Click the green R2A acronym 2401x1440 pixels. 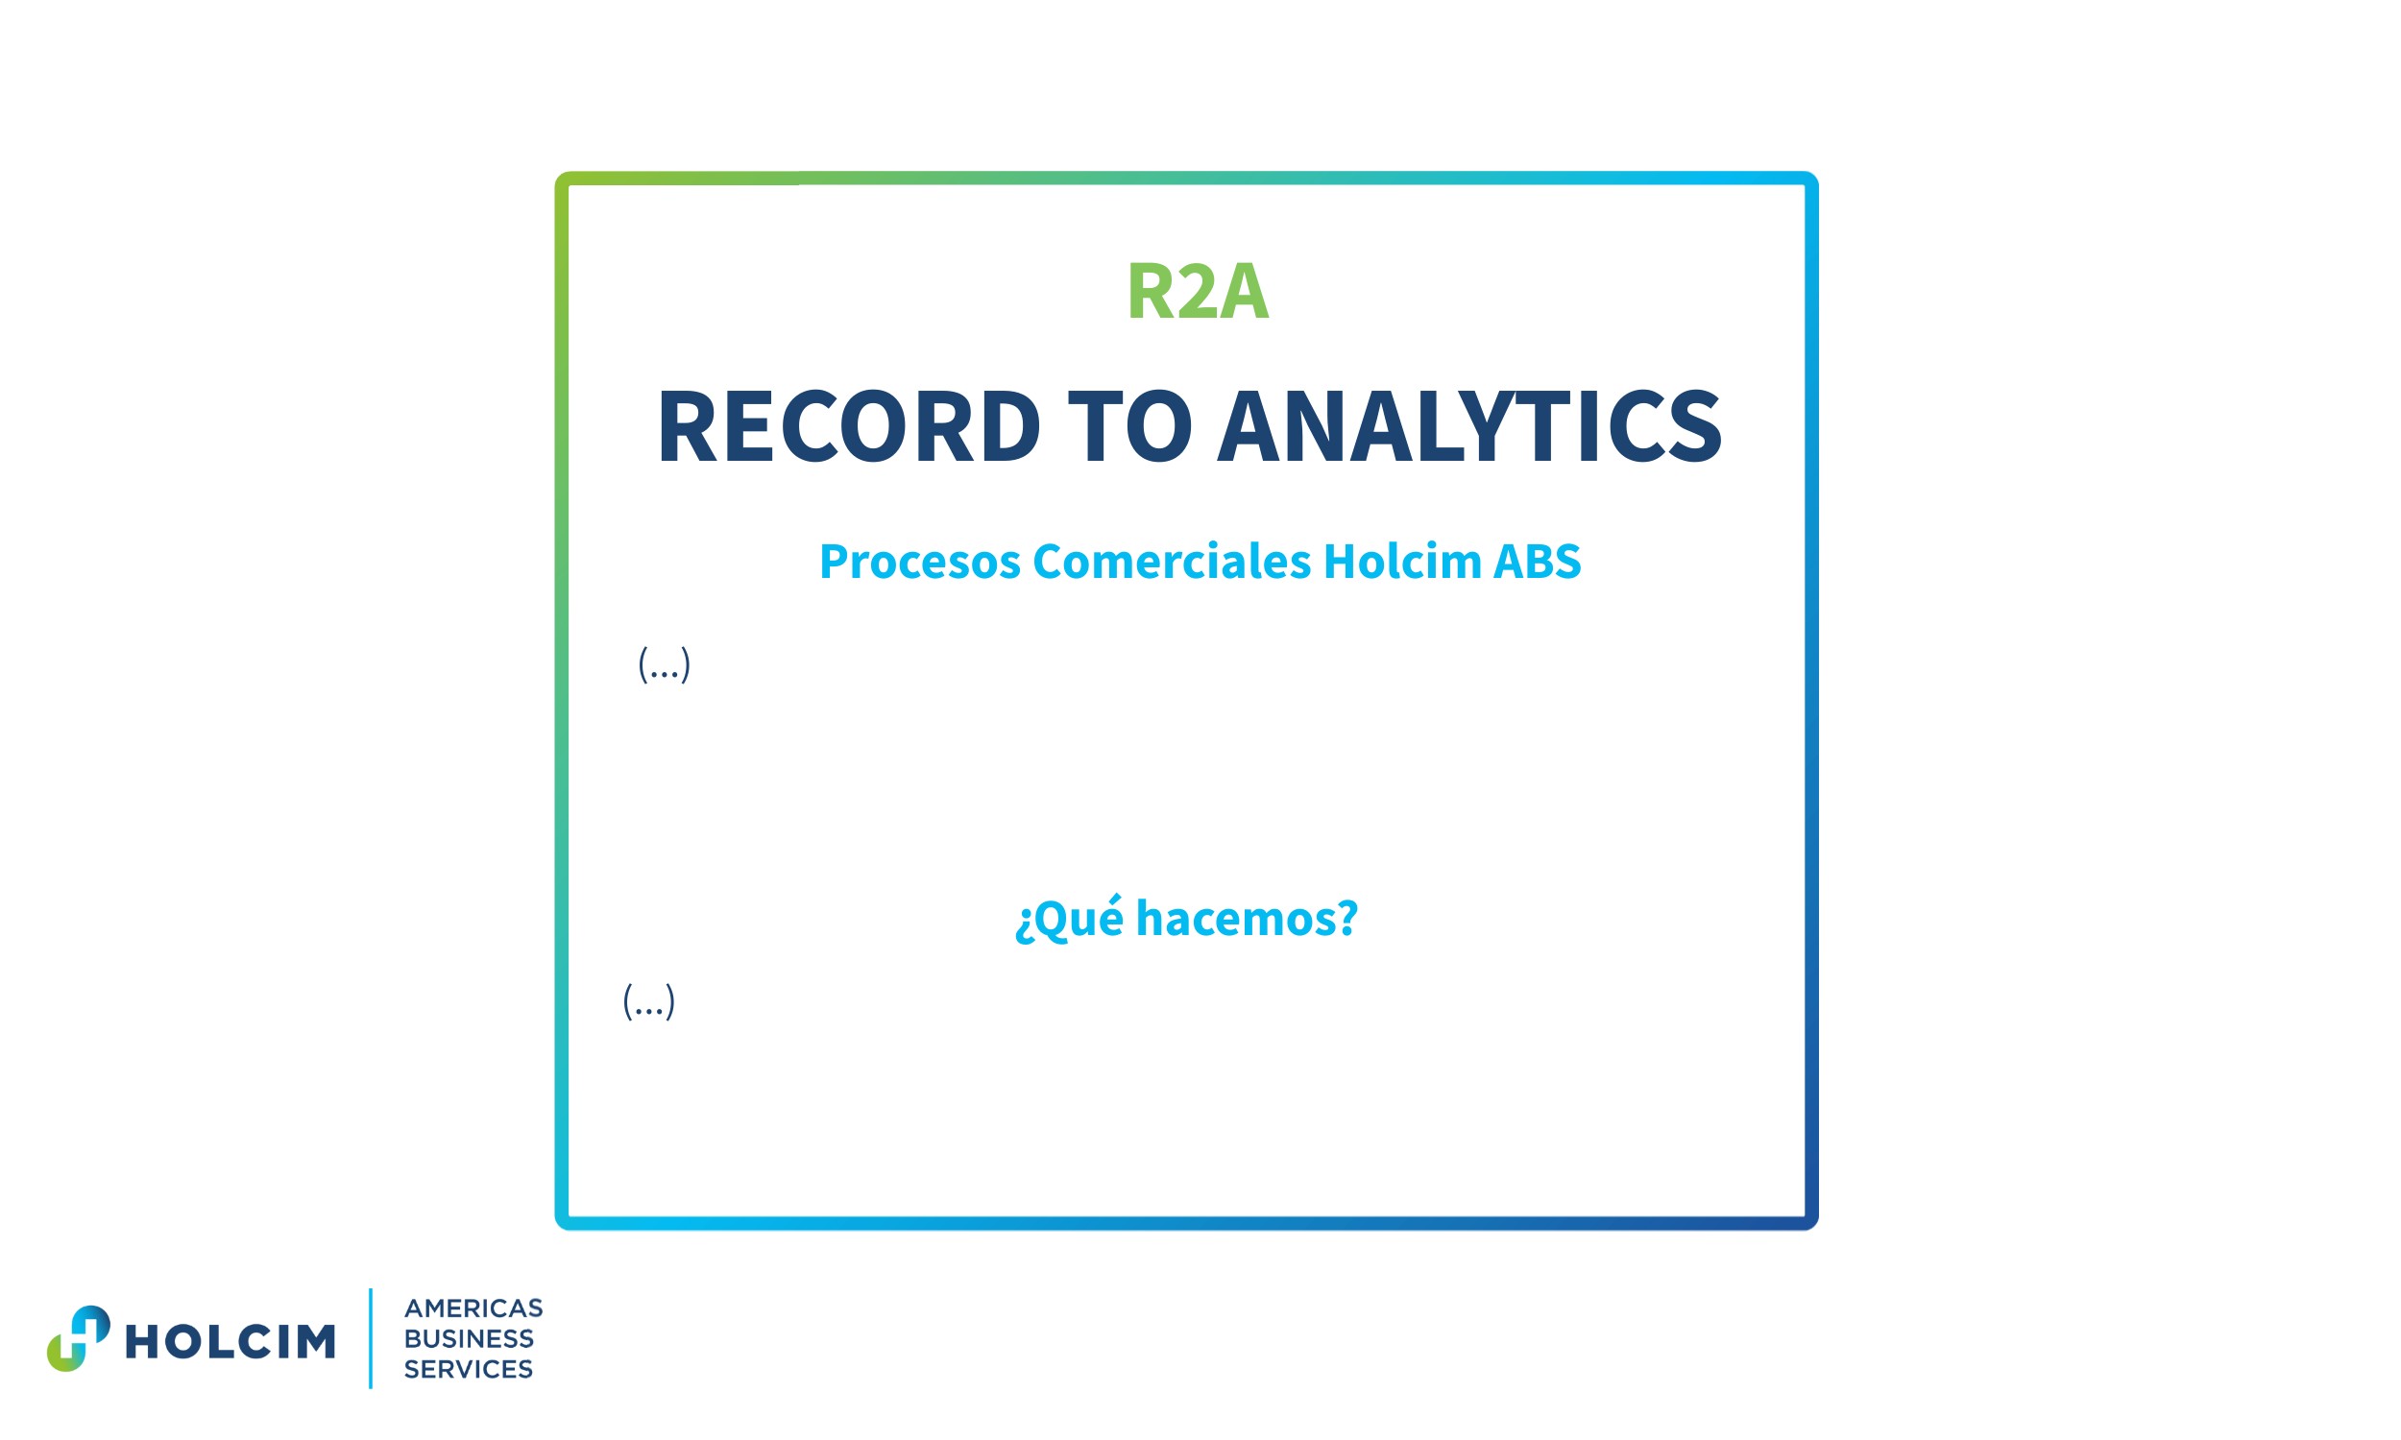click(x=1197, y=291)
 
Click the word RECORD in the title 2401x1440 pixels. click(x=848, y=426)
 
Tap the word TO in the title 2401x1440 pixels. click(x=1128, y=426)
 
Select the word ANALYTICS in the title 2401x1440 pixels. click(x=1469, y=426)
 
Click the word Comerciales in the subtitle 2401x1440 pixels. click(x=1172, y=562)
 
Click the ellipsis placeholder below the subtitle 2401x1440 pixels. click(x=664, y=664)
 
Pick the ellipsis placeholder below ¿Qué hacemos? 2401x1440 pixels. click(x=648, y=1001)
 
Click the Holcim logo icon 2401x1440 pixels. click(x=79, y=1338)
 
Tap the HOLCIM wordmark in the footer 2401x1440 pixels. click(x=230, y=1342)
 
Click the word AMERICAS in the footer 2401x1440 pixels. click(x=473, y=1308)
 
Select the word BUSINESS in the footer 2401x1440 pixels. click(x=469, y=1339)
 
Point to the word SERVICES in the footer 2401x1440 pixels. click(x=469, y=1369)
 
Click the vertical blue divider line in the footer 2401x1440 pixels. click(x=371, y=1338)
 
